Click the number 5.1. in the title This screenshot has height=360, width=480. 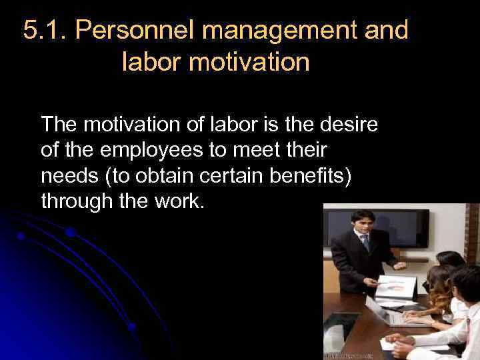[x=45, y=31]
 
